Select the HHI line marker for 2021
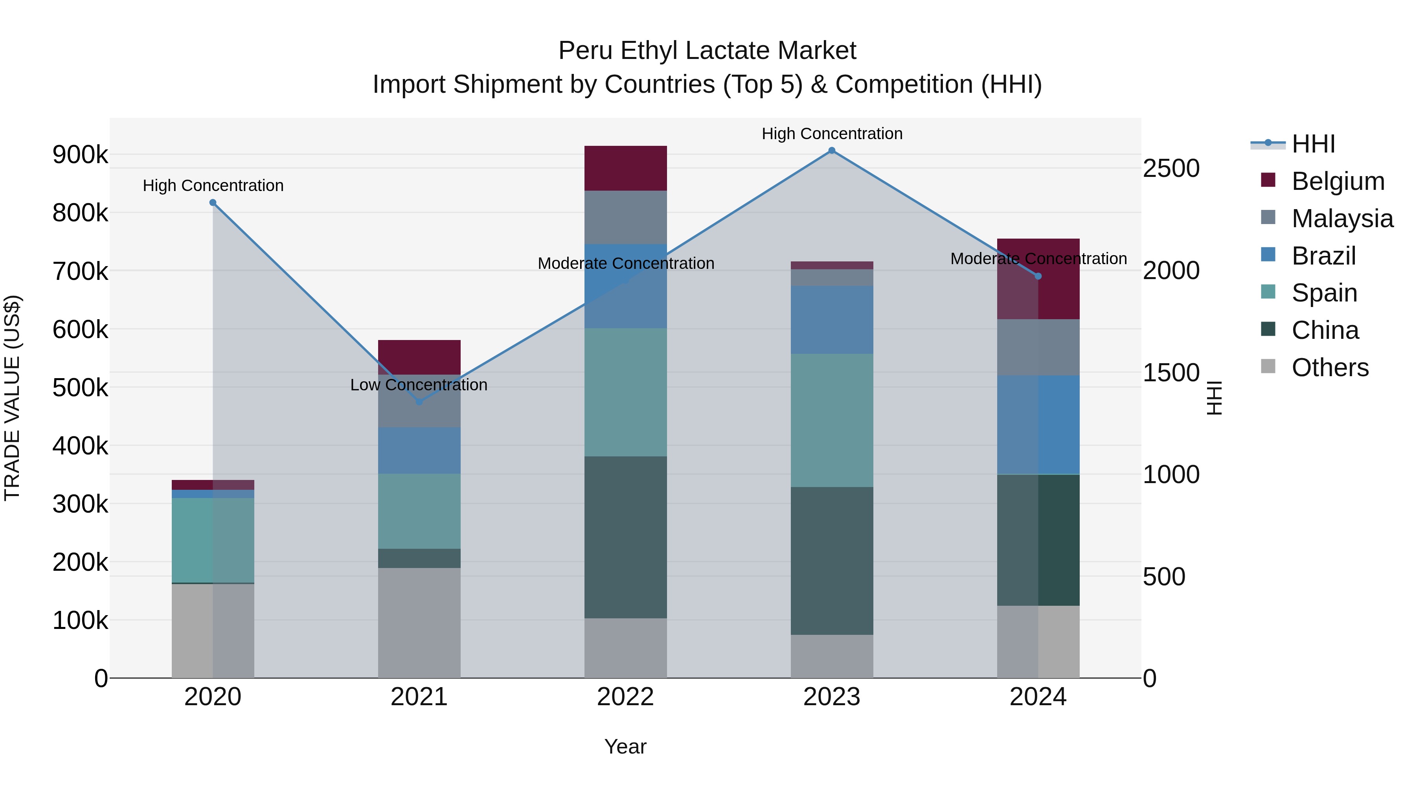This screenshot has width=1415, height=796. [419, 402]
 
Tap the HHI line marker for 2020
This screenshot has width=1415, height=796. [213, 203]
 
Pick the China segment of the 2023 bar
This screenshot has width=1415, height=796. [832, 560]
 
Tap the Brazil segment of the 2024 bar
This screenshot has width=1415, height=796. [1038, 425]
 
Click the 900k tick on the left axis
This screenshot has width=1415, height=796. [80, 155]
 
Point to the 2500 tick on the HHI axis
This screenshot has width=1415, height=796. [1171, 168]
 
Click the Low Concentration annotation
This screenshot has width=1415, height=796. [419, 384]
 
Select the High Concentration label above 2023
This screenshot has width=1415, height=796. [832, 134]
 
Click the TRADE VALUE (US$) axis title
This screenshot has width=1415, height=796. [12, 398]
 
